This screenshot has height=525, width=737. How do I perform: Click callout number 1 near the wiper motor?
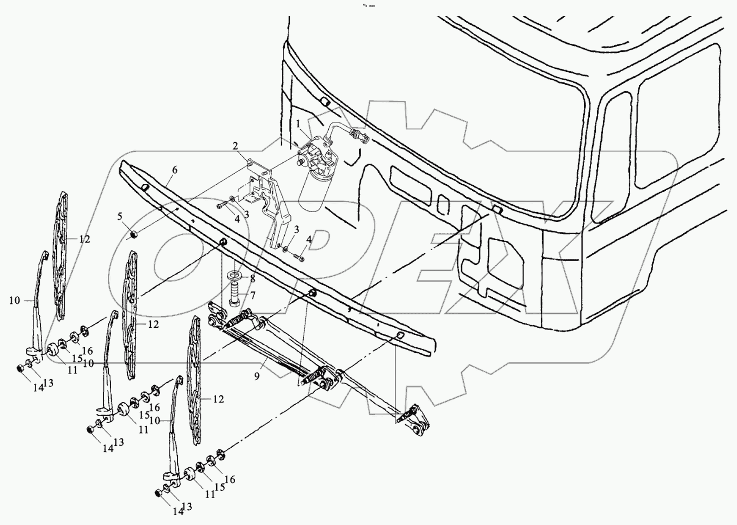click(299, 124)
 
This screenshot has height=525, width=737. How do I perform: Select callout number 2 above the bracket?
click(236, 146)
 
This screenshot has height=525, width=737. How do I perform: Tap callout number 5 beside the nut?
click(120, 216)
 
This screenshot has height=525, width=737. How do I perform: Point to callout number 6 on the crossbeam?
click(174, 170)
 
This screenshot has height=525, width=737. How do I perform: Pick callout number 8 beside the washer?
click(252, 279)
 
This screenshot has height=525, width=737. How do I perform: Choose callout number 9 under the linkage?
click(257, 376)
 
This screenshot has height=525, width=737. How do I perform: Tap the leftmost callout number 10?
click(14, 300)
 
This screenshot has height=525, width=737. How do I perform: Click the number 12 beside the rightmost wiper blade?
click(218, 399)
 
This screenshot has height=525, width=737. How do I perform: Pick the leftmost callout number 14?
click(38, 388)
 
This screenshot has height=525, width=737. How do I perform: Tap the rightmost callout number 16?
click(230, 480)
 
